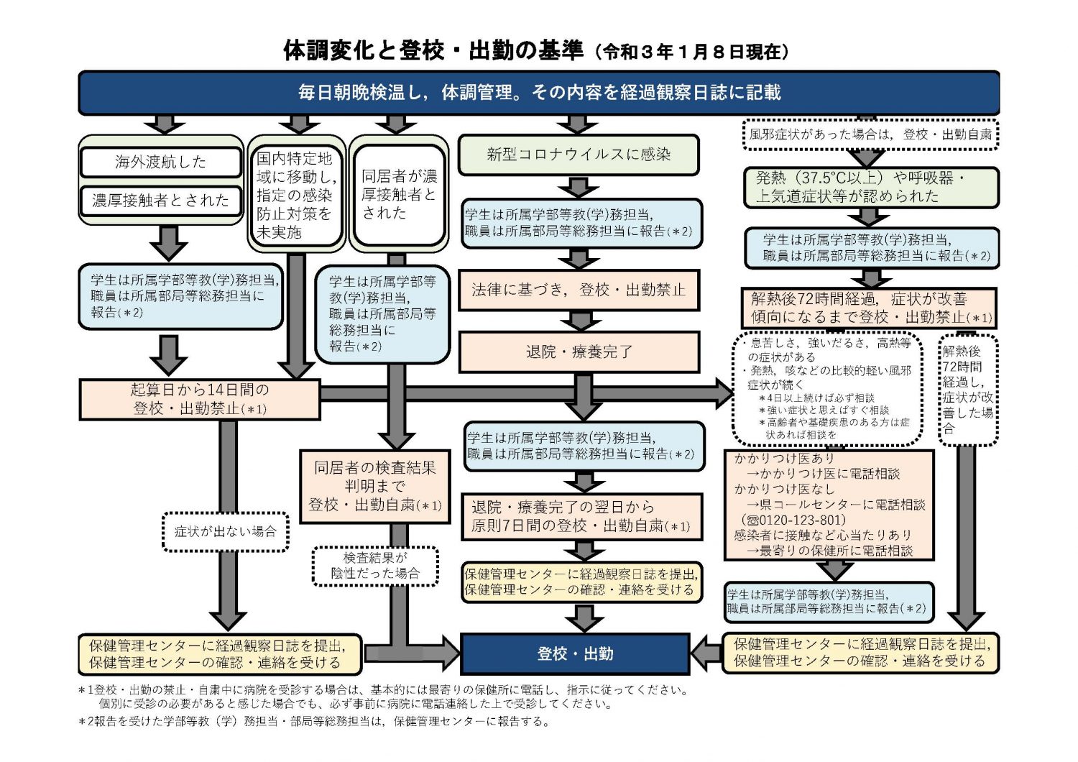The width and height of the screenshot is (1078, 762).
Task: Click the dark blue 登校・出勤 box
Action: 575,653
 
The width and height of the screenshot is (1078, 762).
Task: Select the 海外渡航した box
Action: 160,162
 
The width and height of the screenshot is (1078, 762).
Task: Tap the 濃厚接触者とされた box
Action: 160,201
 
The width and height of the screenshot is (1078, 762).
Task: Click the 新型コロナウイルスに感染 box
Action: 579,155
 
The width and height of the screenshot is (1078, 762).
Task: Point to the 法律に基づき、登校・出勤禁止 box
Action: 579,290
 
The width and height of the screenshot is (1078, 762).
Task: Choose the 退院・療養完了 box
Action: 579,352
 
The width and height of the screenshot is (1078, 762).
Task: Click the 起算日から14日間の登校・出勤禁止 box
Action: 199,399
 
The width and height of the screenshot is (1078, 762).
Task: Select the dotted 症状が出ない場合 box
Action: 226,532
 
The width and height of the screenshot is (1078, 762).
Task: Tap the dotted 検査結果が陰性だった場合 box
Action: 375,566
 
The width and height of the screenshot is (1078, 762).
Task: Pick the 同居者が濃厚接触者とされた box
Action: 398,194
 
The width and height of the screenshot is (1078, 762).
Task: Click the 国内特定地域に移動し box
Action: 295,194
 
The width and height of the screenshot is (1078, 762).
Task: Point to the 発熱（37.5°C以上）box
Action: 870,187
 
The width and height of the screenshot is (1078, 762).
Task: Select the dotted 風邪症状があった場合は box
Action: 870,134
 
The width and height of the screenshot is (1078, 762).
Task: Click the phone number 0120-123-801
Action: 798,520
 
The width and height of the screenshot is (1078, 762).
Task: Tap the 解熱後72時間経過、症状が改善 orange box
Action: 870,308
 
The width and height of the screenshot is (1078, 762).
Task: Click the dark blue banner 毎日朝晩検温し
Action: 539,92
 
